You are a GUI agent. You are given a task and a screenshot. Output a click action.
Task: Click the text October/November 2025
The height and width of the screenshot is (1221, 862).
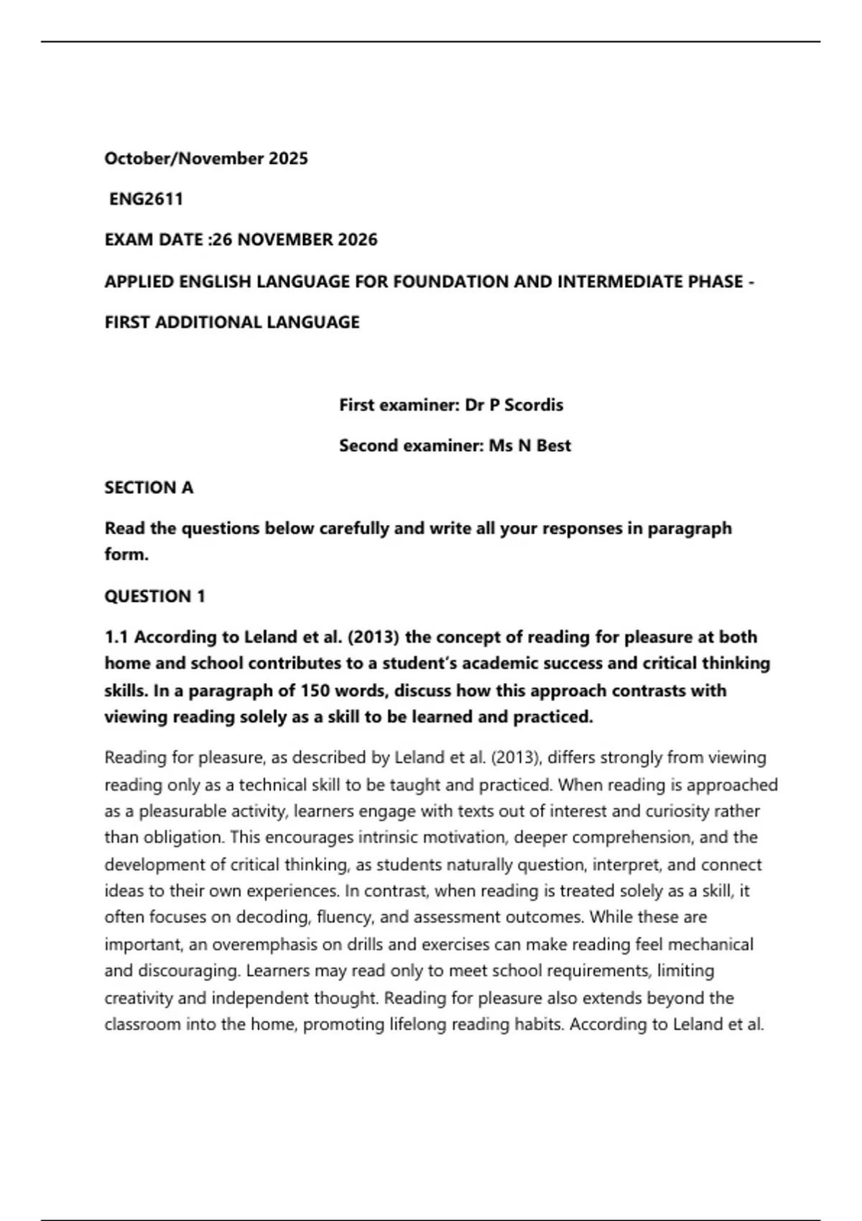click(206, 159)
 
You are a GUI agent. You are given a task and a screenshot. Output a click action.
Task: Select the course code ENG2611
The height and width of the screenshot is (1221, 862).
click(146, 199)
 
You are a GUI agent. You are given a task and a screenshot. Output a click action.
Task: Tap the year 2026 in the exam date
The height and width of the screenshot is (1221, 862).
click(357, 240)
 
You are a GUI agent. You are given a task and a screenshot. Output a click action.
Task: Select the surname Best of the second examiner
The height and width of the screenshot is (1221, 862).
click(553, 446)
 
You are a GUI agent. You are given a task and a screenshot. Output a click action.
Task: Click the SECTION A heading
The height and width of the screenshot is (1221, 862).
click(149, 488)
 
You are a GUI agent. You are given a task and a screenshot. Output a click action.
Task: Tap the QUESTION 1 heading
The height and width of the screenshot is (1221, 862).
click(154, 596)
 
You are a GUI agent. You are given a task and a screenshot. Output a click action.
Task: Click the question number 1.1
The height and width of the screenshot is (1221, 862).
click(117, 637)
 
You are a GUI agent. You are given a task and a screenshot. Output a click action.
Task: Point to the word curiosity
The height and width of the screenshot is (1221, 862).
click(689, 812)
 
